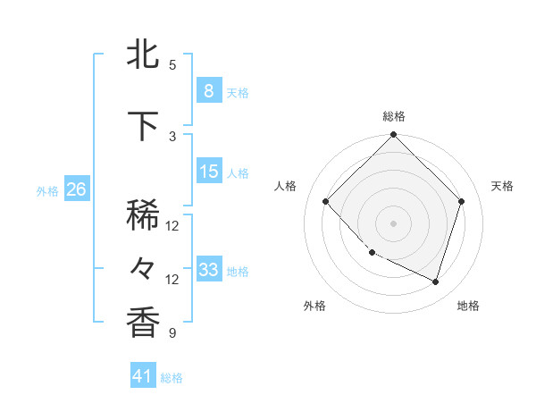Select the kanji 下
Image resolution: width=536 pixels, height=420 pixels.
[144, 126]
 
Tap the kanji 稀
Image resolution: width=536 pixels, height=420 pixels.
[144, 215]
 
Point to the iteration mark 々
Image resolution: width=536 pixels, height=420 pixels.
[144, 267]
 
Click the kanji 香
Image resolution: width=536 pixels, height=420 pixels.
[144, 323]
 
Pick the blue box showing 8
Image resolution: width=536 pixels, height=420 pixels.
[208, 90]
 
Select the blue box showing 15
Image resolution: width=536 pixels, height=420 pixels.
[208, 172]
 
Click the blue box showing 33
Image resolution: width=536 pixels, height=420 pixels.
[208, 269]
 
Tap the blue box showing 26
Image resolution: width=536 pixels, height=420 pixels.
[76, 189]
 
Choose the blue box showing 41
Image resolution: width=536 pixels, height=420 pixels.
[143, 376]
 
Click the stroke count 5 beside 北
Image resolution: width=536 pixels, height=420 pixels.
[172, 65]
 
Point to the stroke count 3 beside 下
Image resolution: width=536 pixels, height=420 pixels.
[172, 136]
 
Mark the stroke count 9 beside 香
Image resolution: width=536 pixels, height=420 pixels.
[172, 333]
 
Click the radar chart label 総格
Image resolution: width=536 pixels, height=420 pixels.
[393, 116]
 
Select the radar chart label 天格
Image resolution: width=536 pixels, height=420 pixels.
[502, 186]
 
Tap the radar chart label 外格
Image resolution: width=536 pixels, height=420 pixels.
[314, 306]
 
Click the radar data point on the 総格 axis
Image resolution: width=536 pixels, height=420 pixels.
[393, 135]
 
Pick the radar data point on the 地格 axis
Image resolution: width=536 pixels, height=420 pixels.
[435, 281]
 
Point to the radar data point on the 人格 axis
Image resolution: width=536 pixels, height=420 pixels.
[326, 201]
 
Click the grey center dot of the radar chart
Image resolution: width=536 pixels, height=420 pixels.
[393, 223]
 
